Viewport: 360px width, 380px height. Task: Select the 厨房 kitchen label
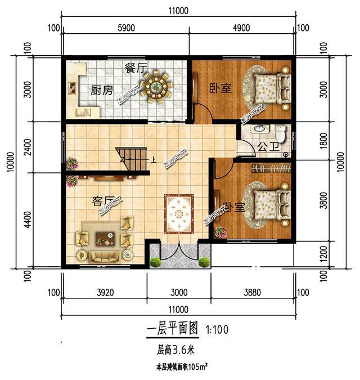tap(102, 90)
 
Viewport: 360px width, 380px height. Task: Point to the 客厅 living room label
tap(103, 200)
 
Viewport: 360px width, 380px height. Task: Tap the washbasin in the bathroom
tap(260, 128)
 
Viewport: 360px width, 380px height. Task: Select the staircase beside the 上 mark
tap(132, 154)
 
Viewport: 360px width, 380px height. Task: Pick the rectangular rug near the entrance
tap(179, 213)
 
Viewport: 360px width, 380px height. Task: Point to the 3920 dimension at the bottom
tap(104, 292)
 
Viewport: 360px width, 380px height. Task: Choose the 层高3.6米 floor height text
tap(175, 350)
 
